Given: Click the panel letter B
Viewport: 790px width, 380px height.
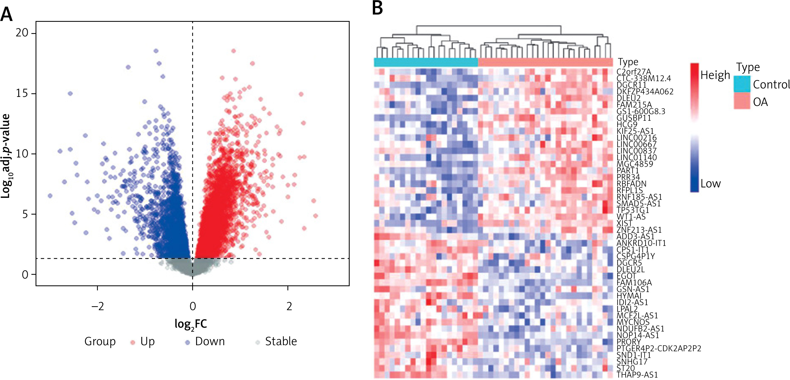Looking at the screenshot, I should click(377, 8).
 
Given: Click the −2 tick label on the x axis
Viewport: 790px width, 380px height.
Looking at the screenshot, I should click(98, 306).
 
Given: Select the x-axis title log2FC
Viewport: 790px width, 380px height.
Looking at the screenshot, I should click(191, 324).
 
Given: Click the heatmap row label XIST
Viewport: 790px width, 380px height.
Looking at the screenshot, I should click(624, 223).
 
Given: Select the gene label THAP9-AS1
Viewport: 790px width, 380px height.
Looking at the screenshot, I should click(637, 374).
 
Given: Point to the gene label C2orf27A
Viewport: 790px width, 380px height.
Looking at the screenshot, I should click(634, 72).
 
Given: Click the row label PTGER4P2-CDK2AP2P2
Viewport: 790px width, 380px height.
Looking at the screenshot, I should click(659, 348).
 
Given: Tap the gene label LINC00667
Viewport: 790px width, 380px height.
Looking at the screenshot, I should click(636, 144).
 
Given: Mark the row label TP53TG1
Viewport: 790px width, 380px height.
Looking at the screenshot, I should click(633, 210).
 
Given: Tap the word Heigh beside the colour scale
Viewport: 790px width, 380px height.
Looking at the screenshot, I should click(715, 75).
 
